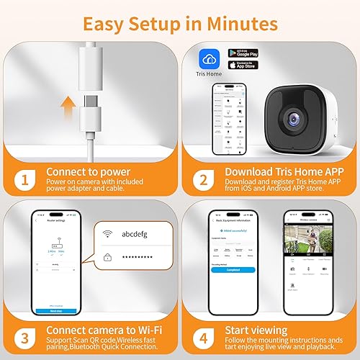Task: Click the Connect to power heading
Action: [88, 173]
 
